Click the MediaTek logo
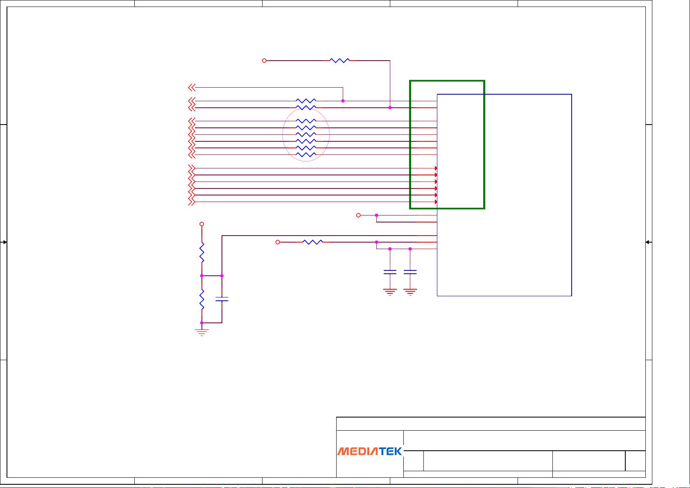(x=369, y=451)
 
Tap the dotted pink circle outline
(x=283, y=135)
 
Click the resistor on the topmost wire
(x=339, y=60)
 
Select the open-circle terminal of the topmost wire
(x=264, y=61)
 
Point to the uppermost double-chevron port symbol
(x=192, y=88)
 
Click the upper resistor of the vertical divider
(x=202, y=252)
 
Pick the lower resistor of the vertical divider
(x=202, y=300)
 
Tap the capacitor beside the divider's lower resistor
(x=222, y=299)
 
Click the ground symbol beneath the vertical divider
(x=202, y=332)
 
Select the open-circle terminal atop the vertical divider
(x=202, y=224)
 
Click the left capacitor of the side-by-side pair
(x=390, y=272)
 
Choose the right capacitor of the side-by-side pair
(x=410, y=272)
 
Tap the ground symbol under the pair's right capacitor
(x=410, y=292)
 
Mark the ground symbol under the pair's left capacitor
(x=390, y=292)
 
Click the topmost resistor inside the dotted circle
(x=306, y=121)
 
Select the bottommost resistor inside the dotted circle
(x=306, y=155)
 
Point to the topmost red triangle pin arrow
(x=436, y=168)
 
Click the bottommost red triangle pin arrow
(x=436, y=202)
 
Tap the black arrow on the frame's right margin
(x=648, y=242)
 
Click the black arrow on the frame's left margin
(x=3, y=242)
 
